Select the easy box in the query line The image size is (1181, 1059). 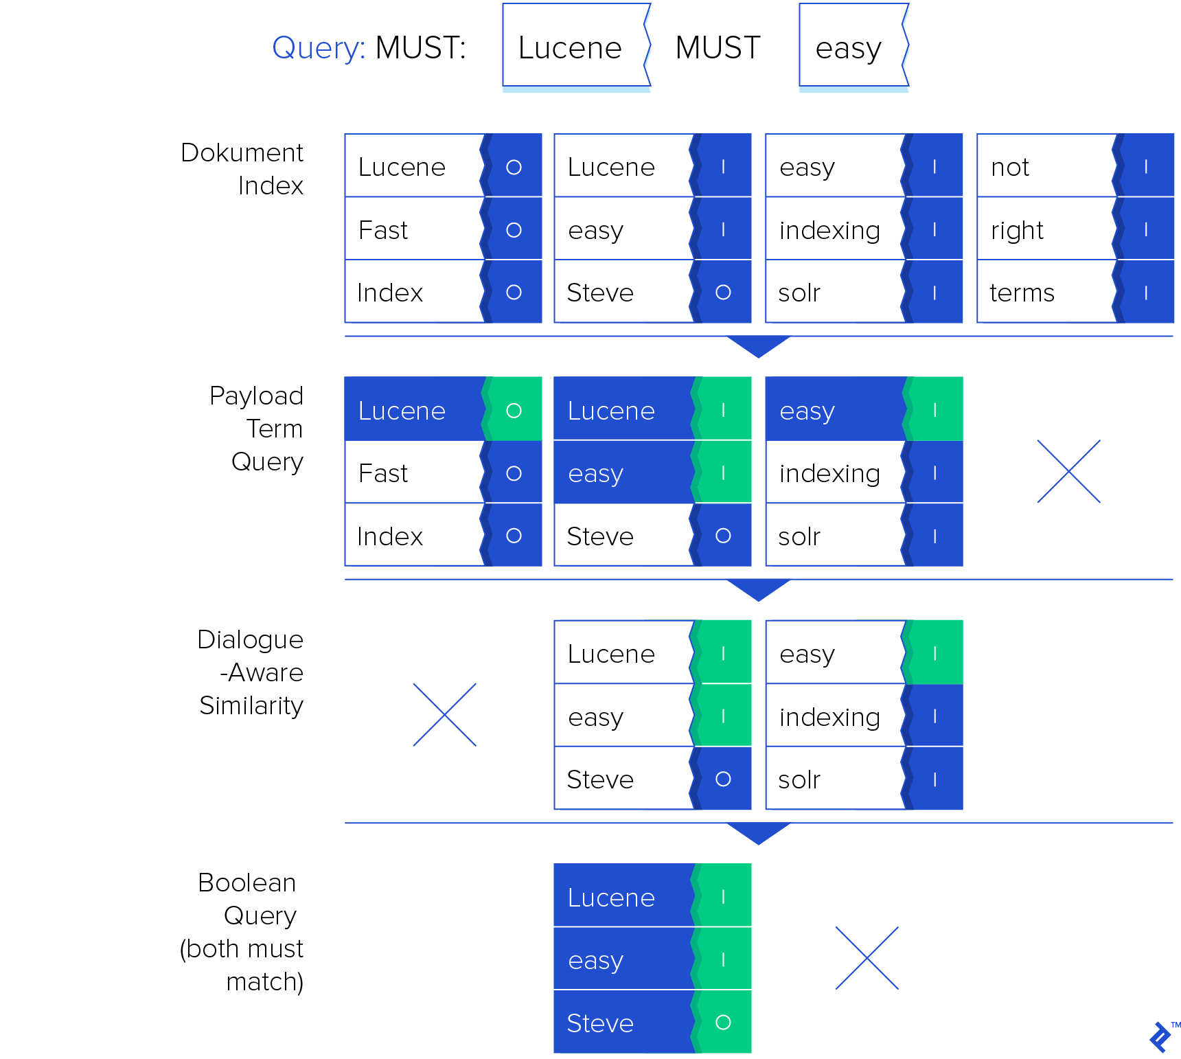(852, 47)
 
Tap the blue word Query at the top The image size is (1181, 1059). (318, 47)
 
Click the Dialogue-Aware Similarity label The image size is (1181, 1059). (251, 672)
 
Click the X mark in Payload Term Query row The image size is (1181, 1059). (1068, 471)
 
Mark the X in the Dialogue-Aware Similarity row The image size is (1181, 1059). (444, 714)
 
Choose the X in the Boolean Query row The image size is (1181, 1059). (867, 958)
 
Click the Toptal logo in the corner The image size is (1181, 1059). (1160, 1036)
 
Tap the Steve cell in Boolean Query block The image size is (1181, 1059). (622, 1023)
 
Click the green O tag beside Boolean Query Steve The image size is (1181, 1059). (724, 1023)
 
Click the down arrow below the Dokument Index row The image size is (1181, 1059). (758, 346)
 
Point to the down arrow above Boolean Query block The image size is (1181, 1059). (758, 832)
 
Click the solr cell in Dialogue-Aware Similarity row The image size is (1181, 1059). (834, 779)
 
